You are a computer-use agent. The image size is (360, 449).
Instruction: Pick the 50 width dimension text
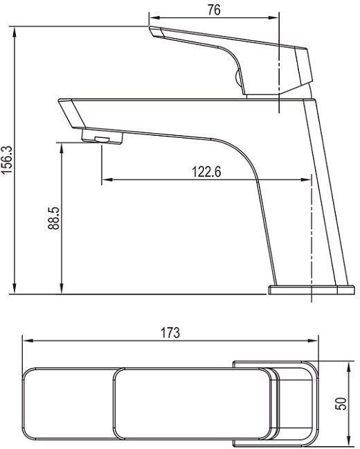(341, 403)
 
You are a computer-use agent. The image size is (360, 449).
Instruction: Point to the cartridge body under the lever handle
(260, 83)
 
